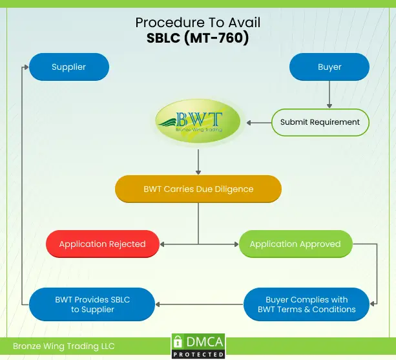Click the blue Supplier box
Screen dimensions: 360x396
click(x=68, y=67)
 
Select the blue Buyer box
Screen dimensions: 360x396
click(x=329, y=67)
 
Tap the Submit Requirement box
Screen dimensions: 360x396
click(x=320, y=122)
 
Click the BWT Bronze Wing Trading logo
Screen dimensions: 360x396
click(x=198, y=122)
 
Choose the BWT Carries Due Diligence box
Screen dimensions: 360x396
click(x=198, y=189)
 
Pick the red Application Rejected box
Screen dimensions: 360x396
click(x=102, y=244)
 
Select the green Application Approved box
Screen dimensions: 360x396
click(x=295, y=244)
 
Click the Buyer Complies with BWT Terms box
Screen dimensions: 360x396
click(x=306, y=304)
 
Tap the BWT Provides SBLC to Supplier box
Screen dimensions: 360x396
click(x=93, y=304)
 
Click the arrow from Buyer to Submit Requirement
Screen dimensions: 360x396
click(x=329, y=94)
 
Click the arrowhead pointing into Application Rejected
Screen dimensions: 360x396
click(x=163, y=244)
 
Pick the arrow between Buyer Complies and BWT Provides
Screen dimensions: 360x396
click(x=199, y=304)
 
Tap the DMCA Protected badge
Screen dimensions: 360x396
click(x=198, y=346)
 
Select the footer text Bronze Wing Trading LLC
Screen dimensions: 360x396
click(x=63, y=346)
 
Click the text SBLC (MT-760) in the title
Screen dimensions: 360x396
click(x=198, y=38)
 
